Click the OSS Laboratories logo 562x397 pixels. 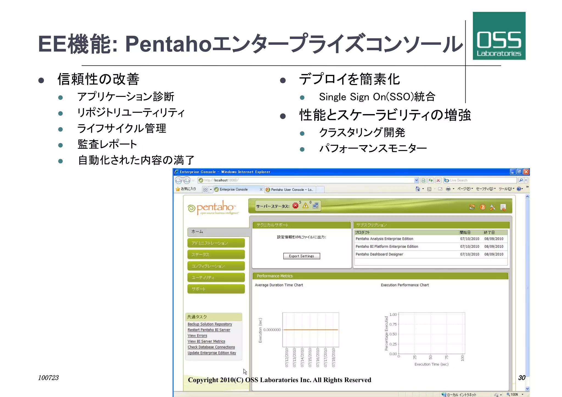[x=499, y=36]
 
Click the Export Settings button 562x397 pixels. [x=301, y=256]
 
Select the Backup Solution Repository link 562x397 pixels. [x=210, y=324]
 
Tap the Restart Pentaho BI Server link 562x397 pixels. [x=209, y=330]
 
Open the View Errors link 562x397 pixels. [x=197, y=336]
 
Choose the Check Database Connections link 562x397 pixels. [x=211, y=347]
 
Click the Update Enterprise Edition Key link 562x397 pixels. [x=212, y=353]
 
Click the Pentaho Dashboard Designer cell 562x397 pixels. [x=379, y=254]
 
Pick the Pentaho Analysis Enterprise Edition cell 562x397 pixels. [x=384, y=239]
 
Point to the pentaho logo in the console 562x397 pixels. [x=213, y=207]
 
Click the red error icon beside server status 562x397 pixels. [x=296, y=206]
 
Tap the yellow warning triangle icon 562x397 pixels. [x=305, y=206]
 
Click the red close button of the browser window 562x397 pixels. [x=526, y=172]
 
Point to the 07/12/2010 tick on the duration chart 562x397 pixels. [x=287, y=357]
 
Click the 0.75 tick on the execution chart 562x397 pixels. [x=393, y=324]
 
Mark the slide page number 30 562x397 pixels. [x=522, y=378]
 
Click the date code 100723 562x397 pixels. [x=48, y=378]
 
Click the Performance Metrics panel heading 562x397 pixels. [x=274, y=276]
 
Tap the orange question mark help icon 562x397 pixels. [x=482, y=207]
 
